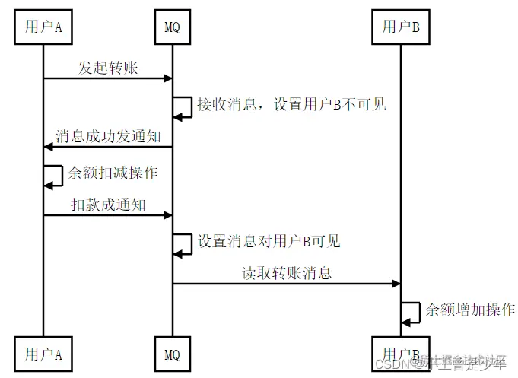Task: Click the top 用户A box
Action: [x=43, y=28]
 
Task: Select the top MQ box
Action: [x=172, y=28]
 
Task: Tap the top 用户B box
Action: [x=401, y=28]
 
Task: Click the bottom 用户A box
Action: [x=43, y=354]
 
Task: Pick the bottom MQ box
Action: [x=172, y=354]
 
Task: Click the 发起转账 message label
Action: [x=108, y=67]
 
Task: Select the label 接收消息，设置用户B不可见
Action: [x=291, y=104]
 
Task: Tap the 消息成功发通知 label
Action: [x=108, y=136]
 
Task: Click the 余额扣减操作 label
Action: [x=112, y=173]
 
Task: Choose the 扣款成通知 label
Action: [x=108, y=205]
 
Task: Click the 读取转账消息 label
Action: [x=287, y=273]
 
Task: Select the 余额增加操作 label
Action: [x=470, y=310]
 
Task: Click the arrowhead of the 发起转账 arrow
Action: [x=168, y=78]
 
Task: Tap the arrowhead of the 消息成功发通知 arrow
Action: [x=48, y=147]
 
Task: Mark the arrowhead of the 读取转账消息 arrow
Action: [x=396, y=284]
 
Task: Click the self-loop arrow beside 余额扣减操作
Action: [x=55, y=176]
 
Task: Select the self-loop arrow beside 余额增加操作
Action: [x=412, y=313]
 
